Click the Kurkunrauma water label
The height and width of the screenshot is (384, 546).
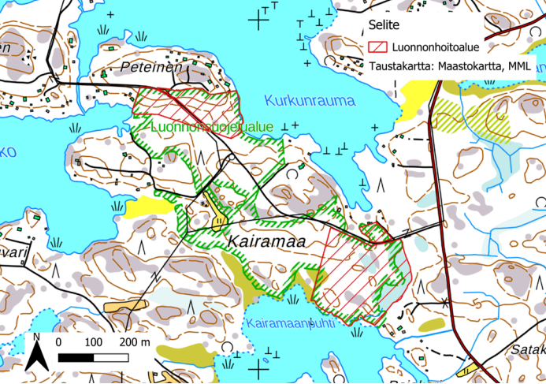click(x=310, y=101)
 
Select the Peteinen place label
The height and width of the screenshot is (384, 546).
click(x=151, y=68)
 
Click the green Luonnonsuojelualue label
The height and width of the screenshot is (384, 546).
click(x=210, y=126)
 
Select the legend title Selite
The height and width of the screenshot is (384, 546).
click(x=386, y=26)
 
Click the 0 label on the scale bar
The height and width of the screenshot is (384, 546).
click(x=60, y=342)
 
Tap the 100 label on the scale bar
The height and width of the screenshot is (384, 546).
click(x=93, y=342)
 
